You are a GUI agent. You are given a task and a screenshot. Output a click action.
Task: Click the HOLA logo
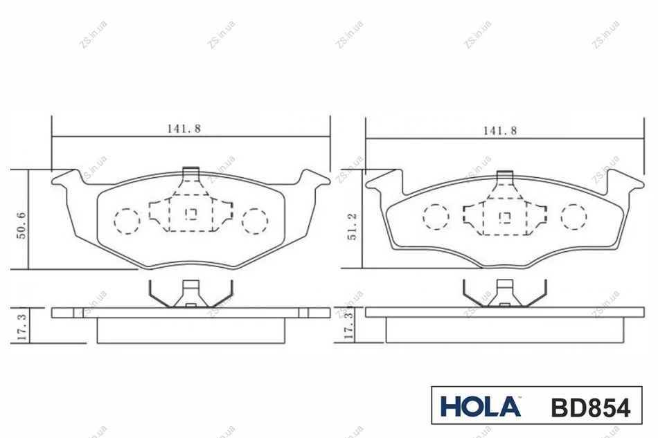pyautogui.click(x=481, y=406)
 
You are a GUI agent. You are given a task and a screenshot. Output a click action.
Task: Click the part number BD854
pyautogui.click(x=590, y=408)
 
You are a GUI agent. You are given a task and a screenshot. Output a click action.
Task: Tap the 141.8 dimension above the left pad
pyautogui.click(x=184, y=129)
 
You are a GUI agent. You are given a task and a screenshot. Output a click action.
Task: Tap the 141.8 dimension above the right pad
pyautogui.click(x=500, y=131)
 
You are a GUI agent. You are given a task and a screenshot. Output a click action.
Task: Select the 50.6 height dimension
pyautogui.click(x=21, y=226)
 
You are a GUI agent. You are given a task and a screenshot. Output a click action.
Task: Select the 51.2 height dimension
pyautogui.click(x=352, y=226)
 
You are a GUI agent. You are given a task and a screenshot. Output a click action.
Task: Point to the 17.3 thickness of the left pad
pyautogui.click(x=22, y=327)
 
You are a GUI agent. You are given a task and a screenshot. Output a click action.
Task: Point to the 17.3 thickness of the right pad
pyautogui.click(x=348, y=327)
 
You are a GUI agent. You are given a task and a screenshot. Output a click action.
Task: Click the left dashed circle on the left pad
pyautogui.click(x=127, y=221)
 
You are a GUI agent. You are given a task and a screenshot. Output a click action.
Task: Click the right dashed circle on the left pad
pyautogui.click(x=255, y=221)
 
